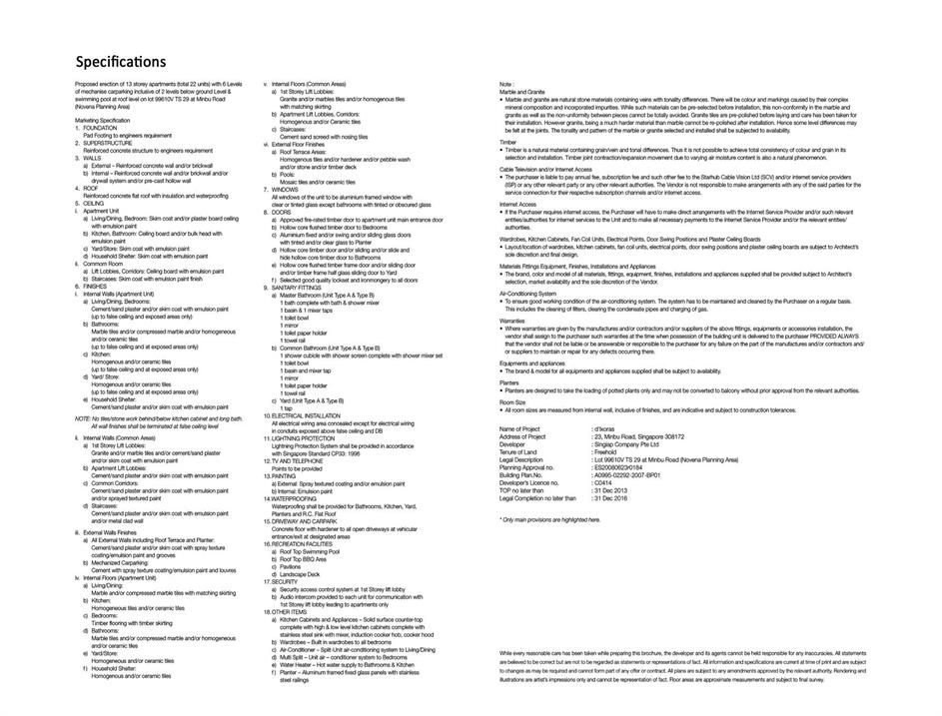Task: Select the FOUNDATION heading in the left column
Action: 101,129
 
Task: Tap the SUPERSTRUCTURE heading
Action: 108,143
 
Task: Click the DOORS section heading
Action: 283,212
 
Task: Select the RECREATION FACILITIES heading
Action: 304,543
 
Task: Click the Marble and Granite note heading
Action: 522,92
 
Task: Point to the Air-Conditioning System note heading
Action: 528,294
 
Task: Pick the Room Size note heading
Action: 512,401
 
